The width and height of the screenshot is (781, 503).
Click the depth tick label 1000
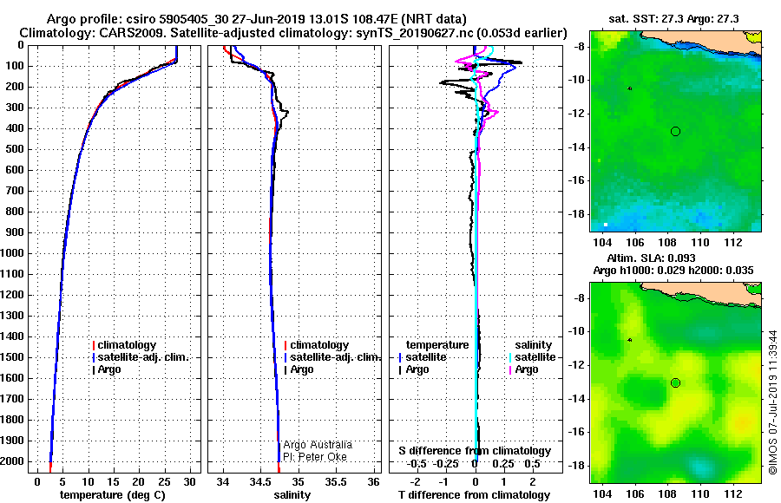click(12, 253)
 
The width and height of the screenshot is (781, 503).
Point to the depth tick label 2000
click(12, 461)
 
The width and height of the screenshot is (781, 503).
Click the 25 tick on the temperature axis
click(164, 481)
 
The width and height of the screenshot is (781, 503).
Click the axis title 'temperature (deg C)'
click(113, 495)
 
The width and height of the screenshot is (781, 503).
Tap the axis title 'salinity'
click(292, 495)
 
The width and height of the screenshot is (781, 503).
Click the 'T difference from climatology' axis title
click(474, 495)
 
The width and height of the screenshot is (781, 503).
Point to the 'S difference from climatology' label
click(475, 451)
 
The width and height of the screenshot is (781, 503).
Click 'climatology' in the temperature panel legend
click(127, 345)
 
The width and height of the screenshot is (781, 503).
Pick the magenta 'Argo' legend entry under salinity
click(527, 369)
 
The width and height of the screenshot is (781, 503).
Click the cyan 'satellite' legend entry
click(535, 357)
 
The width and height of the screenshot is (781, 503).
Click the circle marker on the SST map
click(675, 132)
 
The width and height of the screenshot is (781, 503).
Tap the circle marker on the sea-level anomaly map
click(675, 383)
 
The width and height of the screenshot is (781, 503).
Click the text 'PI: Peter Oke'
click(315, 457)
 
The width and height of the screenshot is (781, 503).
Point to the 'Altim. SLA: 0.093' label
click(651, 258)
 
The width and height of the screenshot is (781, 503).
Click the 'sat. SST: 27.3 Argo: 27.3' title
click(673, 19)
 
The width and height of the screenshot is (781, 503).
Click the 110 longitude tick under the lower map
click(700, 494)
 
